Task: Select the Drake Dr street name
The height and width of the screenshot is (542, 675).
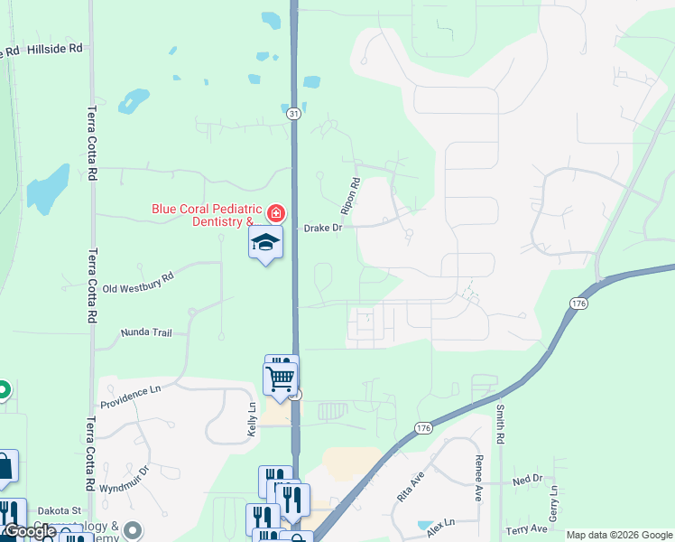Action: click(323, 229)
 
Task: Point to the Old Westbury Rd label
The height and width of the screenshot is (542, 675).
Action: click(137, 283)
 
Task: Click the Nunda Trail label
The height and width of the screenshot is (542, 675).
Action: click(146, 333)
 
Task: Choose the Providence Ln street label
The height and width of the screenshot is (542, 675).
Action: click(130, 396)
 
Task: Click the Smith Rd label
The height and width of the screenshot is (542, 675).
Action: click(499, 422)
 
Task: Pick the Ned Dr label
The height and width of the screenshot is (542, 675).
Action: click(526, 480)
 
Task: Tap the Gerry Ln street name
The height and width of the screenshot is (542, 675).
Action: click(555, 500)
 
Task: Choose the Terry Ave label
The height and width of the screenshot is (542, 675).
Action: click(527, 529)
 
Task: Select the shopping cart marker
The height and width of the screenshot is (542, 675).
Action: click(281, 377)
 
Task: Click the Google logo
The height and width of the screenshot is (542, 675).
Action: click(29, 531)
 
